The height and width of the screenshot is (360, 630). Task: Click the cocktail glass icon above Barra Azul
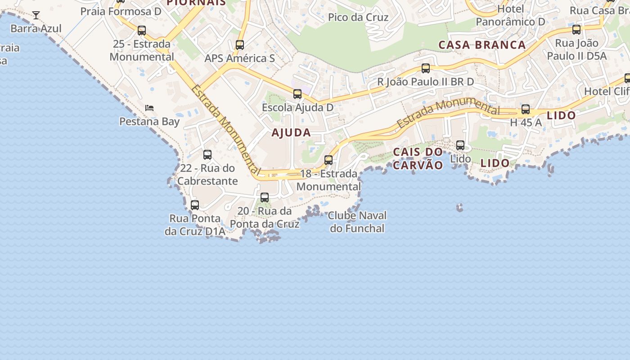tap(36, 15)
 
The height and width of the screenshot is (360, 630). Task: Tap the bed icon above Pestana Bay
tap(149, 108)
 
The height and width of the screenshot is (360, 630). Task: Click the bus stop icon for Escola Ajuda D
tap(297, 94)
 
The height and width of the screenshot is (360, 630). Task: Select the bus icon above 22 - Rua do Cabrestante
tap(207, 155)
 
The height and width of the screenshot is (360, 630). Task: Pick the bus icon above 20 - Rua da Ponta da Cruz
tap(265, 198)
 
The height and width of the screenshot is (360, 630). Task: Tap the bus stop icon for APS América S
tap(240, 45)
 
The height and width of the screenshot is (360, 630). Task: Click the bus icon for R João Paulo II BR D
tap(425, 68)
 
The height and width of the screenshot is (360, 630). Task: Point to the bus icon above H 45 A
tap(526, 109)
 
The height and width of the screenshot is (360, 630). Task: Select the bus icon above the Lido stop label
tap(460, 145)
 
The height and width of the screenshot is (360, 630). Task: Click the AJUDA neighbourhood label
tap(291, 133)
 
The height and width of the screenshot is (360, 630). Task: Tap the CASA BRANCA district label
tap(482, 45)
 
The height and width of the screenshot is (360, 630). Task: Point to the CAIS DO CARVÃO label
tap(418, 158)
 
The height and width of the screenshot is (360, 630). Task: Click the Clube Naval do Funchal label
tap(357, 222)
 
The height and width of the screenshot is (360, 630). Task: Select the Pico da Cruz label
tap(358, 17)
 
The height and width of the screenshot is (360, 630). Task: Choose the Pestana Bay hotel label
tap(149, 121)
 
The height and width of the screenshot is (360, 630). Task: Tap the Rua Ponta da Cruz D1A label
tap(195, 225)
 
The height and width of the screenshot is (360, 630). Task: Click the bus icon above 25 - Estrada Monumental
tap(142, 31)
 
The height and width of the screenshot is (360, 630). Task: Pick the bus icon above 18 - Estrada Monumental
tap(328, 160)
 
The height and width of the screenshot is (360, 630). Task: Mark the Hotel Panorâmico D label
tap(510, 15)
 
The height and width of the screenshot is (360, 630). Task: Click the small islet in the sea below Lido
tap(459, 207)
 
